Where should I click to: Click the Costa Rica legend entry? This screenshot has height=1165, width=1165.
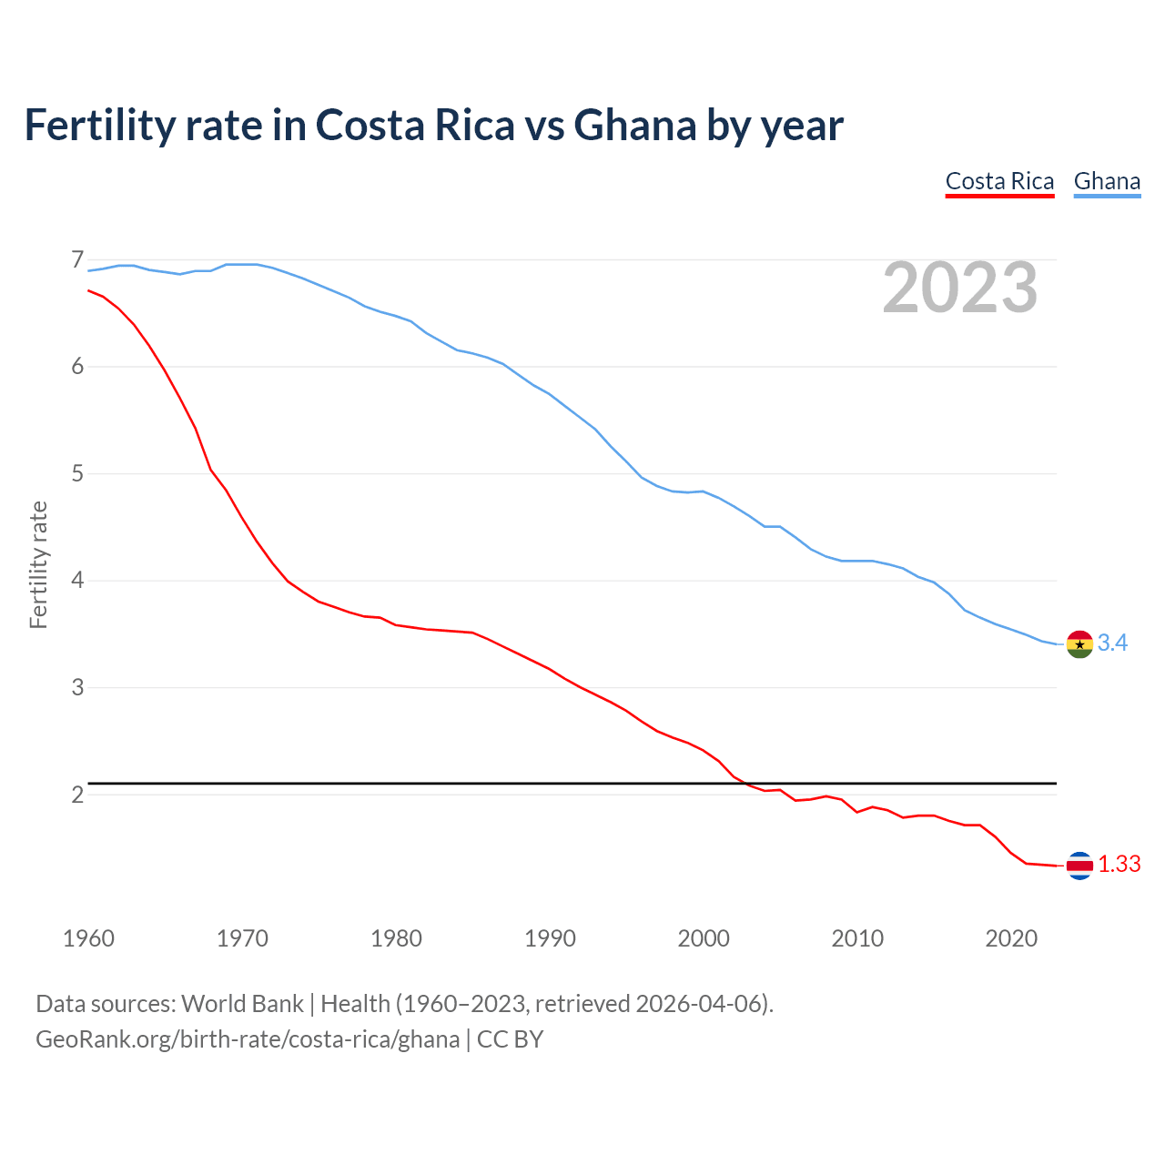(x=999, y=181)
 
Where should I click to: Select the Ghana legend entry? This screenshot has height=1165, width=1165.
(x=1107, y=181)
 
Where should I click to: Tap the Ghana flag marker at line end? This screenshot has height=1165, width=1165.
(x=1079, y=643)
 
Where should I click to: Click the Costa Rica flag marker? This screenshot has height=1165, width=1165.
(x=1079, y=866)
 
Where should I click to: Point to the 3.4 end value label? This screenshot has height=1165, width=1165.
(x=1112, y=643)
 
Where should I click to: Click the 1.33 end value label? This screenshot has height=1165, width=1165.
(x=1119, y=865)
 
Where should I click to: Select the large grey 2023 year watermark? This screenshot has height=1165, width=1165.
(x=960, y=288)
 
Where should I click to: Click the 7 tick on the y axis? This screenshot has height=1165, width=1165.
(x=77, y=260)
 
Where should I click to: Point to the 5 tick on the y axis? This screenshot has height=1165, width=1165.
(x=77, y=474)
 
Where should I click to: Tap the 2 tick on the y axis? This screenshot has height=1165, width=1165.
(x=77, y=795)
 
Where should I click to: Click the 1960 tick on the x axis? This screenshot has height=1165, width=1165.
(x=88, y=938)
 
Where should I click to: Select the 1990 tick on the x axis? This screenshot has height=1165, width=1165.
(x=550, y=938)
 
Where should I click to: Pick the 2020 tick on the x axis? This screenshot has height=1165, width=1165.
(x=1011, y=938)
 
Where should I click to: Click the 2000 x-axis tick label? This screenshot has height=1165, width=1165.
(x=704, y=938)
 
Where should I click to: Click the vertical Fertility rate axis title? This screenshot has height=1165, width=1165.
(x=38, y=564)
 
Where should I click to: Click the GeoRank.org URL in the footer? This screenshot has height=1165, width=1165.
(x=248, y=1039)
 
